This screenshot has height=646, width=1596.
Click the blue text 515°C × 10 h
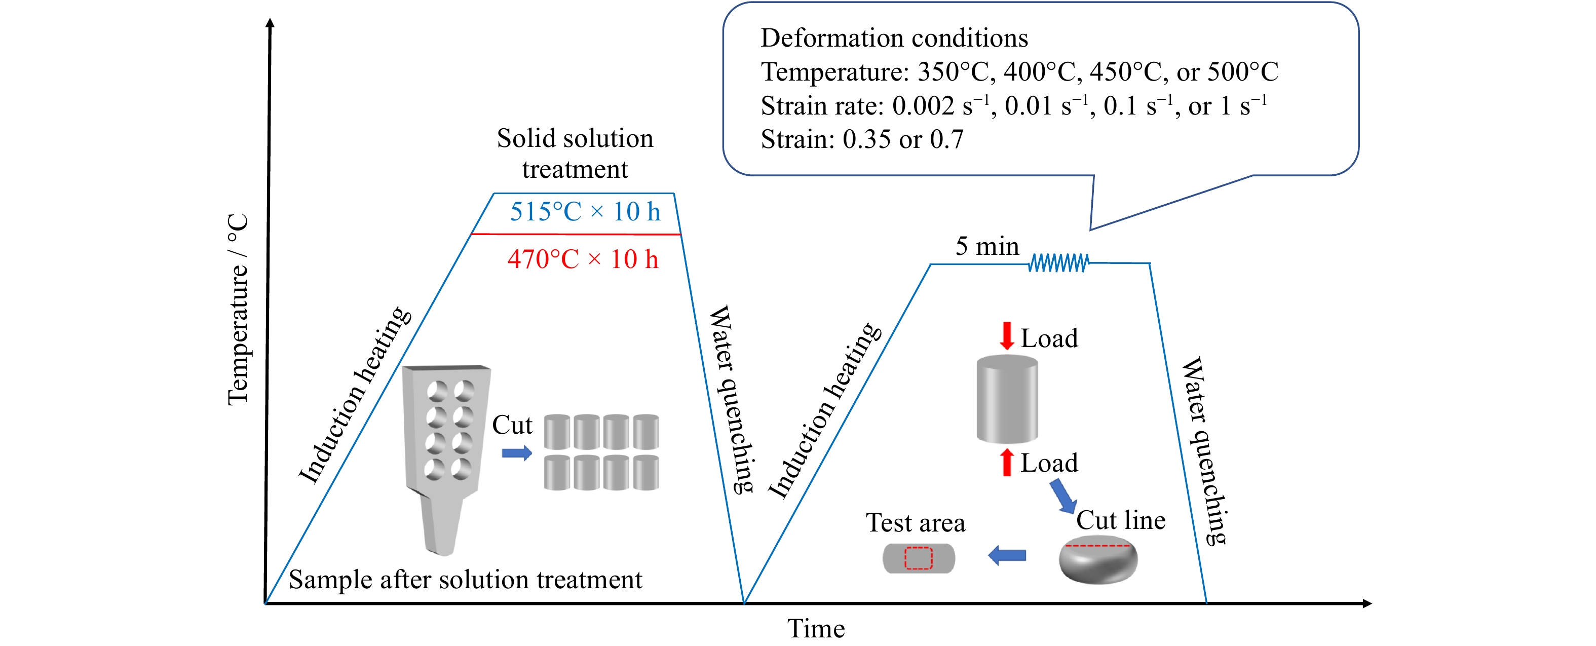pyautogui.click(x=585, y=212)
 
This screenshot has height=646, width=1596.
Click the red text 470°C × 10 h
pyautogui.click(x=582, y=259)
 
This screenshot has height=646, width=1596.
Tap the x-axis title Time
pyautogui.click(x=815, y=629)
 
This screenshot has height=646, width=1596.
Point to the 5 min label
pyautogui.click(x=986, y=247)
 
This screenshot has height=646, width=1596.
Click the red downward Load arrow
pyautogui.click(x=1007, y=335)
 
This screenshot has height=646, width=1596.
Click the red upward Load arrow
pyautogui.click(x=1007, y=462)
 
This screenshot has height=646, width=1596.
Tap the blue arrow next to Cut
pyautogui.click(x=517, y=453)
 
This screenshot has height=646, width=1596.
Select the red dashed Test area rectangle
pyautogui.click(x=918, y=558)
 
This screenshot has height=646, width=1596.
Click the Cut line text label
pyautogui.click(x=1120, y=520)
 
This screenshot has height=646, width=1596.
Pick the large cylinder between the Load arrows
pyautogui.click(x=1007, y=399)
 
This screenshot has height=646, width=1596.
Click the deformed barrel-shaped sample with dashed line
pyautogui.click(x=1098, y=560)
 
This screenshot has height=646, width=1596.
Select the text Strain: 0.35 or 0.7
pyautogui.click(x=862, y=139)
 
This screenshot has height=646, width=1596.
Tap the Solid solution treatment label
pyautogui.click(x=575, y=154)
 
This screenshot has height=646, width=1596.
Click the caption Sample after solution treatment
pyautogui.click(x=465, y=580)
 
